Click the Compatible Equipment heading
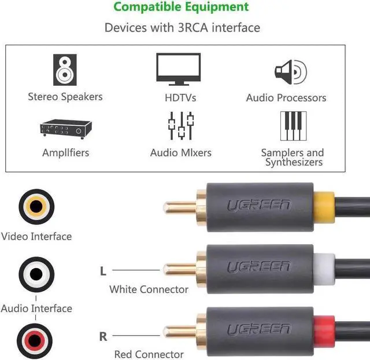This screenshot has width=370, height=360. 182,7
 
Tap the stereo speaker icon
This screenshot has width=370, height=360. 65,69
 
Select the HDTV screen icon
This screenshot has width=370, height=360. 179,69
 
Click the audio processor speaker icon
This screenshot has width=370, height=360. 290,72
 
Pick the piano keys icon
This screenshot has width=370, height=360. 293,126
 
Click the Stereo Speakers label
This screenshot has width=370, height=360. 65,97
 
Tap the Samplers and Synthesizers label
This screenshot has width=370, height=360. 293,157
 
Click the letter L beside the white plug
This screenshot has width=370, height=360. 103,270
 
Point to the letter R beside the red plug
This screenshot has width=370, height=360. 103,336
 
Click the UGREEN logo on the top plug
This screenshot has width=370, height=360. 258,205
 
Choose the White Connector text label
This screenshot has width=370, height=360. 149,289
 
